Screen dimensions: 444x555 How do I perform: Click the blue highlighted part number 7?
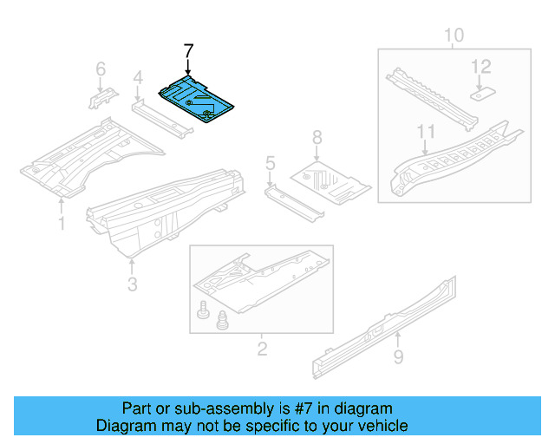click(196, 99)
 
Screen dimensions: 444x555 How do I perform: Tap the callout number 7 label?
click(188, 51)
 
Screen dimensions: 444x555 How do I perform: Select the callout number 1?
click(62, 225)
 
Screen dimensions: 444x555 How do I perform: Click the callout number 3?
click(132, 284)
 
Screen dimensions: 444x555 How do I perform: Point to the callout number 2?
click(262, 349)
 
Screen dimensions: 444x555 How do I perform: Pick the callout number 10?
click(454, 36)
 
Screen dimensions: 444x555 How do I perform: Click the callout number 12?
click(480, 66)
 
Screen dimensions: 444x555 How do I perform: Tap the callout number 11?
click(425, 132)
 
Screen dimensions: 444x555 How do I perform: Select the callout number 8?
click(317, 136)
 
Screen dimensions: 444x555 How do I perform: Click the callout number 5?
click(271, 162)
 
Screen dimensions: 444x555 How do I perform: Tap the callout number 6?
click(101, 69)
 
